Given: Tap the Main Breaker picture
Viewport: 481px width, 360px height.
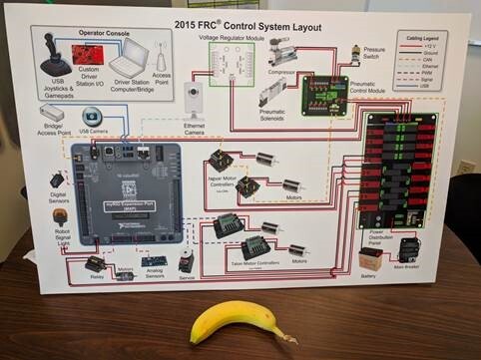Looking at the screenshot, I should point(408,249).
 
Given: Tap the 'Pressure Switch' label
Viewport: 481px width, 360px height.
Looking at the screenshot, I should point(375,51).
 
